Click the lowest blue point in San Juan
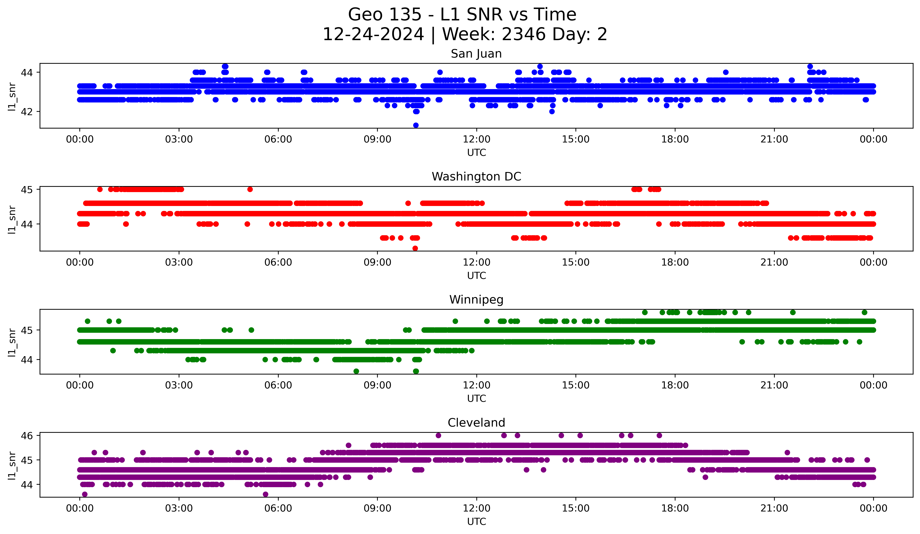click(415, 125)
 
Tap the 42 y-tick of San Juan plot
click(27, 112)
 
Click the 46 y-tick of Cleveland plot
click(27, 435)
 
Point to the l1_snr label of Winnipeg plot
click(12, 342)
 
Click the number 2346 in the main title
click(524, 34)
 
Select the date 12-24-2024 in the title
click(373, 34)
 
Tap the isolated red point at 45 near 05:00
click(250, 189)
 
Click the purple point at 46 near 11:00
click(438, 435)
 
